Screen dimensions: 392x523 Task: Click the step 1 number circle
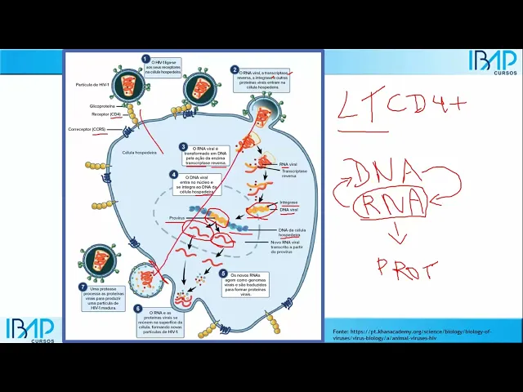click(x=145, y=59)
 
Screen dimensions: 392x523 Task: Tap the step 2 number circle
click(x=235, y=70)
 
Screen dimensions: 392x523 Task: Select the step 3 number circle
click(x=184, y=147)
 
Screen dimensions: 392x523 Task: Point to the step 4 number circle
click(x=173, y=174)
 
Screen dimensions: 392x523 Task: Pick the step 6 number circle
click(x=138, y=309)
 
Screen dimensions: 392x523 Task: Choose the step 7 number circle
click(x=83, y=287)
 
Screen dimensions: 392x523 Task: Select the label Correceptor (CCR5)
click(x=87, y=130)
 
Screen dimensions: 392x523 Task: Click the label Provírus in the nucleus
click(x=177, y=219)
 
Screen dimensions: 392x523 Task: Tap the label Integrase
click(x=288, y=201)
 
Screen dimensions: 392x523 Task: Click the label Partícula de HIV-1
click(x=92, y=84)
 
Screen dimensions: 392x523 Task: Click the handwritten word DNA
click(x=391, y=172)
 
